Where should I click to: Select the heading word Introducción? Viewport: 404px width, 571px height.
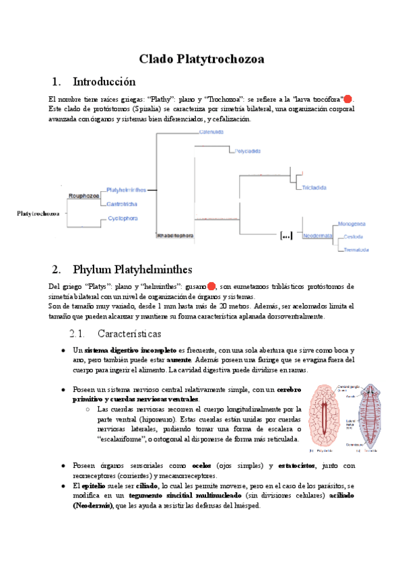click(104, 82)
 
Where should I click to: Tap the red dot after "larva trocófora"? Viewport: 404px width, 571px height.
click(348, 99)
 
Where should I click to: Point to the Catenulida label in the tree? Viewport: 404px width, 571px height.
click(211, 131)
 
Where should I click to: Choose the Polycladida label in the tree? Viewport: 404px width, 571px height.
click(248, 151)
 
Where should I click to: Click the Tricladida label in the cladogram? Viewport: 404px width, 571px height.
click(314, 186)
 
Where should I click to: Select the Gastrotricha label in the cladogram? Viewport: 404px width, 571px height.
click(123, 203)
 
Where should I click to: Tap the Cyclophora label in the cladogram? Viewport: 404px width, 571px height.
click(123, 218)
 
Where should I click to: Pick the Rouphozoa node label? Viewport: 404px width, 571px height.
click(84, 196)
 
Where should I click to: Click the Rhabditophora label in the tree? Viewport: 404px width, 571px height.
click(174, 236)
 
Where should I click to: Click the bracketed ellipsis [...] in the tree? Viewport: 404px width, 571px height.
click(286, 236)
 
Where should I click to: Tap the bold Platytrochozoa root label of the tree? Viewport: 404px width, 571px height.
click(38, 213)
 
